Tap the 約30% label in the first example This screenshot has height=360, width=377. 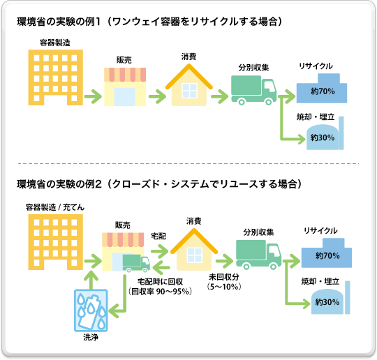(x=321, y=137)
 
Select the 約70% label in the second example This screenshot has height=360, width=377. (x=327, y=256)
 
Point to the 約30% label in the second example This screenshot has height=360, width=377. (x=327, y=302)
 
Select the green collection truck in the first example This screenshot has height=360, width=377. (x=253, y=91)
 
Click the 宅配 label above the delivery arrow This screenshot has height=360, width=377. (x=158, y=237)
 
